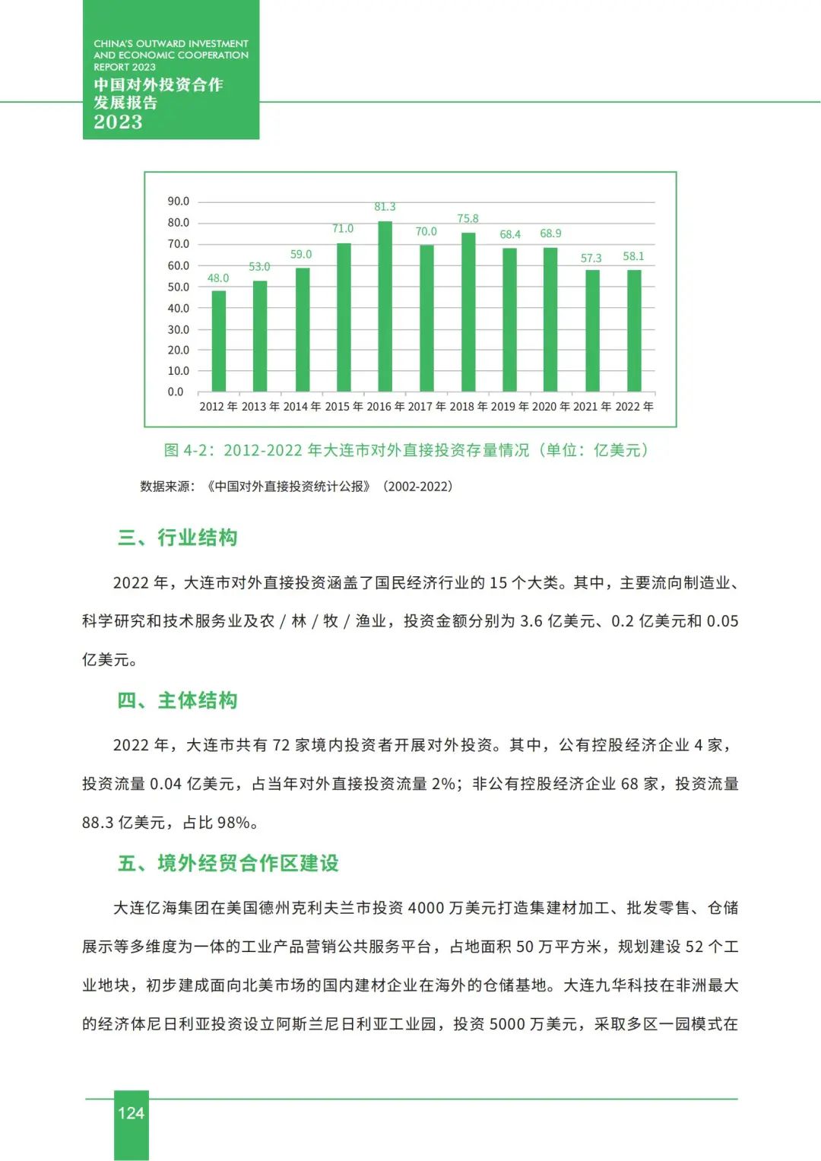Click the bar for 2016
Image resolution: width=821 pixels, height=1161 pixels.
pos(385,306)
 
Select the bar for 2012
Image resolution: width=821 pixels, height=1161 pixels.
pos(219,341)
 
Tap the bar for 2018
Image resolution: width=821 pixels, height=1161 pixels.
pos(468,312)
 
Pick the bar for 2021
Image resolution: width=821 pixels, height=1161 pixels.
pos(592,331)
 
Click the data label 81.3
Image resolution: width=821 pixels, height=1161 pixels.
pos(385,207)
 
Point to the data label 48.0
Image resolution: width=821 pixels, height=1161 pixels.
pos(218,278)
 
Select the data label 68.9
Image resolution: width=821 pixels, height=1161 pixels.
pos(550,233)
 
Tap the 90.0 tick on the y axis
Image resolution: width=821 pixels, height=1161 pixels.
pos(179,201)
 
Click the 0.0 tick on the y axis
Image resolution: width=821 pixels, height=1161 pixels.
pos(176,392)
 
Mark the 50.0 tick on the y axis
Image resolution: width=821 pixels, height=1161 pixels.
pos(179,287)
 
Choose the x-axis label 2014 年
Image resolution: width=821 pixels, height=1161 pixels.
pos(302,407)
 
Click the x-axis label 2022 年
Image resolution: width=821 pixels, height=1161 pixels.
pos(634,407)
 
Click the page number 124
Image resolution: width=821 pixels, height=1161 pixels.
pos(131,1113)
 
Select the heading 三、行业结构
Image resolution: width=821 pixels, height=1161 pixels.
pos(178,538)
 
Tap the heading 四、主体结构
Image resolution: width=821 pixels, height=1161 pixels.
pos(178,700)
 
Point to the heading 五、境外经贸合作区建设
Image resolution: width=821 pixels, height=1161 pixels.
pos(228,863)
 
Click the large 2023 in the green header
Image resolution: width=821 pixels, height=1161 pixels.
pos(118,122)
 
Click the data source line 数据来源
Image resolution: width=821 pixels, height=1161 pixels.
pos(296,487)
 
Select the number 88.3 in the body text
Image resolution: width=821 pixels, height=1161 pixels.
pos(98,823)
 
